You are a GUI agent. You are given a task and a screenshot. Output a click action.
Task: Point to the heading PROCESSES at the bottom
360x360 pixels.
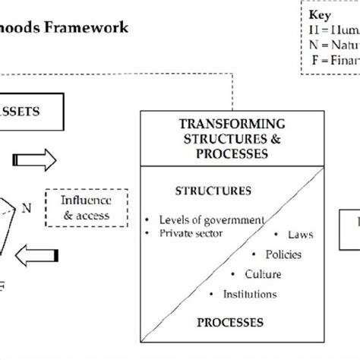click(x=226, y=323)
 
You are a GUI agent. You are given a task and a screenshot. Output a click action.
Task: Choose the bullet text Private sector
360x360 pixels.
click(x=189, y=233)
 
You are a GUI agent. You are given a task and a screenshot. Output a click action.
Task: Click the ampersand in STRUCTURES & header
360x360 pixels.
click(x=256, y=137)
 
